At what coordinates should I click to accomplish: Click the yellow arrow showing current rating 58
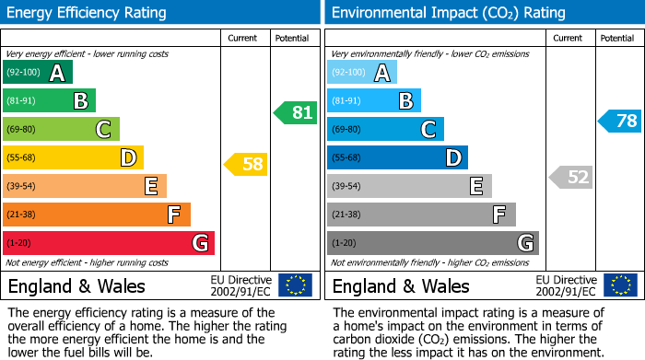coord(246,165)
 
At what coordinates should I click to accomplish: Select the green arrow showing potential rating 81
coord(295,113)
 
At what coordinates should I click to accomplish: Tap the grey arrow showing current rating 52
coord(570,177)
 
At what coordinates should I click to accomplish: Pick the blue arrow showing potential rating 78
coord(620,121)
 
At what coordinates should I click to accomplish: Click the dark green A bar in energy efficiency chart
coord(37,73)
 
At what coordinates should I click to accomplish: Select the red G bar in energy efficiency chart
coord(108,243)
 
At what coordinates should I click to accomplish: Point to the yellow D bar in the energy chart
coord(73,158)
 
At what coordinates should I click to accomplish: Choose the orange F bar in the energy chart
coord(96,215)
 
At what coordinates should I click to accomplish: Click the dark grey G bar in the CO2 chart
coord(432,243)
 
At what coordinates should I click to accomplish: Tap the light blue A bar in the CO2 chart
coord(362,73)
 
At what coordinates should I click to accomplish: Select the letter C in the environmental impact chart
coord(428,130)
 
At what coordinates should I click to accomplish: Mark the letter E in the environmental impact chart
coord(476,187)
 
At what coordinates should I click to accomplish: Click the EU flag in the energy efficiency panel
coord(295,285)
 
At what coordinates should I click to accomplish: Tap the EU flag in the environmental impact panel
coord(619,285)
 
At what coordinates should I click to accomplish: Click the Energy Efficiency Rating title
coord(88,13)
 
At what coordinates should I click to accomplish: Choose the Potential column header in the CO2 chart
coord(617,39)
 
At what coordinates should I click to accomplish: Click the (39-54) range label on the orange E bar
coord(21,187)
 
